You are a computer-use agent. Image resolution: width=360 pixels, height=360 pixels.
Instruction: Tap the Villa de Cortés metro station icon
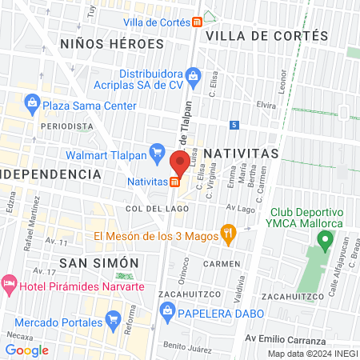(197, 22)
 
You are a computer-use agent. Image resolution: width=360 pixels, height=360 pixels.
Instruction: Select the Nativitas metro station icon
(174, 182)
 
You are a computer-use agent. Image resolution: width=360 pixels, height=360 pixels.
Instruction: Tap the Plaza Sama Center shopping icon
(32, 102)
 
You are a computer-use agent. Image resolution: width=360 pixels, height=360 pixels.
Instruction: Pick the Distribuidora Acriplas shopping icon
(192, 76)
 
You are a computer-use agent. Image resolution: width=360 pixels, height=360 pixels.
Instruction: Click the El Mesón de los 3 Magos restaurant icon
(228, 235)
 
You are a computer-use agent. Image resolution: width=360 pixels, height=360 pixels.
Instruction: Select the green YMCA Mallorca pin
(325, 238)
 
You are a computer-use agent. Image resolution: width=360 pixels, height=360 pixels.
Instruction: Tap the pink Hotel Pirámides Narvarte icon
(9, 284)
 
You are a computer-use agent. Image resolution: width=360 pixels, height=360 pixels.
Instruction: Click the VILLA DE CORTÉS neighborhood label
(266, 36)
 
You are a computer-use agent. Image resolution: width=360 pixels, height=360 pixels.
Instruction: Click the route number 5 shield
(234, 125)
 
